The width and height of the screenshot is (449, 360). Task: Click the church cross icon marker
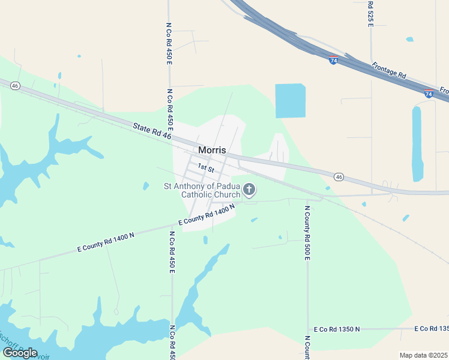(249, 191)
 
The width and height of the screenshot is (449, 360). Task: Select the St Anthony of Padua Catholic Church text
(202, 190)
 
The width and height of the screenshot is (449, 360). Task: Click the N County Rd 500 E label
(307, 233)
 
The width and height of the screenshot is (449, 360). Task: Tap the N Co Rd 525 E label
(370, 13)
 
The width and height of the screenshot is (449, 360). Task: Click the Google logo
(20, 353)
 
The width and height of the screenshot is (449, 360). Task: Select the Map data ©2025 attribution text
(423, 355)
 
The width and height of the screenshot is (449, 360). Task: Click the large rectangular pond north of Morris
(290, 100)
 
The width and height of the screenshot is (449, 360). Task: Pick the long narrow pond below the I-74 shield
(417, 144)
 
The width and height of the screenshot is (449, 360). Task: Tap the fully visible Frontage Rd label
(389, 71)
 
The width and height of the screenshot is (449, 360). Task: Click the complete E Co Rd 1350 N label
(337, 329)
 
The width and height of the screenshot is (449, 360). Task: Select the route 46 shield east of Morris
(339, 177)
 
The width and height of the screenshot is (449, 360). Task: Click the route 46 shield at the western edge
(15, 86)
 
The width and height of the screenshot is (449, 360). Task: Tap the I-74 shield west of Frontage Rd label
(334, 61)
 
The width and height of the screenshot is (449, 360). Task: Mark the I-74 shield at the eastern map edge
(429, 94)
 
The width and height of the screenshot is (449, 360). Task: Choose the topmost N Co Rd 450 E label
(169, 44)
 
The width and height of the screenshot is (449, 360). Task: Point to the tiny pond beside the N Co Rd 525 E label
(409, 40)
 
